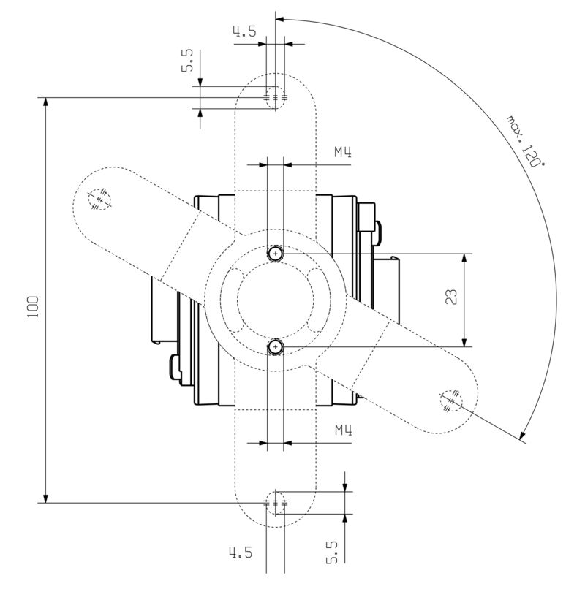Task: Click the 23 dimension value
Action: (451, 297)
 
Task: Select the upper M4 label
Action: (344, 153)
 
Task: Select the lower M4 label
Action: (344, 431)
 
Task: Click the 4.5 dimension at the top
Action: (244, 31)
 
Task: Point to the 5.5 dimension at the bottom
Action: (331, 552)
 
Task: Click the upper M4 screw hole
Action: (275, 254)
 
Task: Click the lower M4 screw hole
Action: (275, 346)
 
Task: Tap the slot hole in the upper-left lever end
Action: (99, 199)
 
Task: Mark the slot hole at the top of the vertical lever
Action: (276, 96)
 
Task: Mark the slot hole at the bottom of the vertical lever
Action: (276, 503)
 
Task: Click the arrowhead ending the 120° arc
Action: (522, 438)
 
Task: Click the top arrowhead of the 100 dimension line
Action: (46, 103)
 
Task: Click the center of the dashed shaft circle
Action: (275, 300)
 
